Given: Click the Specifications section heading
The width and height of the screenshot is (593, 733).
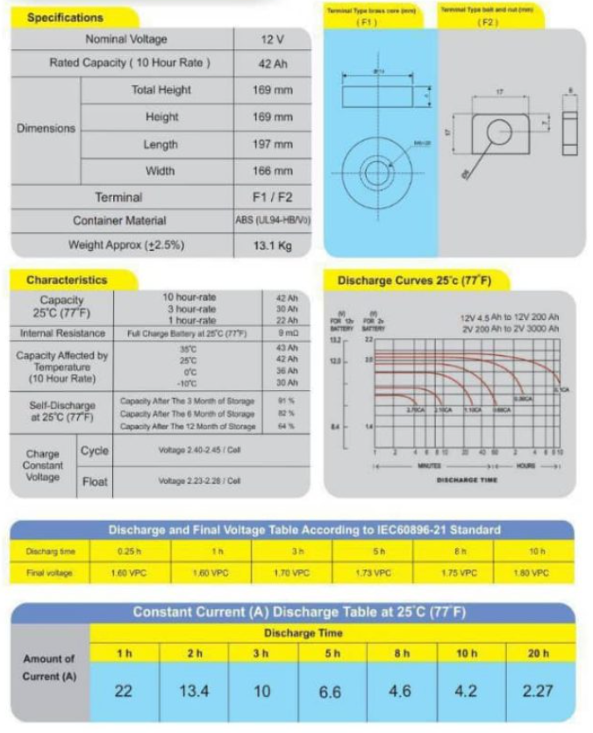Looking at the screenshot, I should click(65, 18).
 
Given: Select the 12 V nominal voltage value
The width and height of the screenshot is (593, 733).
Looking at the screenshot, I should click(272, 39).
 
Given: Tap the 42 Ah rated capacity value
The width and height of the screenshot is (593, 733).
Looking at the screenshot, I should click(272, 63).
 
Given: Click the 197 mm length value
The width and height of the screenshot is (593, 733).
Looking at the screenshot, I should click(272, 145).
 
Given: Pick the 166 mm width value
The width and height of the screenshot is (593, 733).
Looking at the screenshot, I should click(272, 170).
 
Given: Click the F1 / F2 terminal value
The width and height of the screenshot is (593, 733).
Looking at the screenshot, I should click(272, 196).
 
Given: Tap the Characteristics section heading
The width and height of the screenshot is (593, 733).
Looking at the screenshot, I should click(67, 280).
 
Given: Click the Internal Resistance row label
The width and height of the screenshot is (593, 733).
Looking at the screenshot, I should click(62, 333).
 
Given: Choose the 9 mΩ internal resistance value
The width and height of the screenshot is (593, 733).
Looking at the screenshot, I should click(287, 333).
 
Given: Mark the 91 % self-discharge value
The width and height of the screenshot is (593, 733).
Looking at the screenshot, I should click(285, 401).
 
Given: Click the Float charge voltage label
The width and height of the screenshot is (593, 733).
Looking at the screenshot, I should click(95, 481).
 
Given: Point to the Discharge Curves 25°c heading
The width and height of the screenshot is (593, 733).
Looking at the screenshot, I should click(412, 281).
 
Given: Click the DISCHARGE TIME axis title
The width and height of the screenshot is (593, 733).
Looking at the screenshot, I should click(467, 480).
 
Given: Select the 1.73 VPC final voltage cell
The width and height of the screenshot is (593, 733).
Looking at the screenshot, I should click(373, 573).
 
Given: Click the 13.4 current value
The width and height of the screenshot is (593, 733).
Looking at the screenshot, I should click(194, 690).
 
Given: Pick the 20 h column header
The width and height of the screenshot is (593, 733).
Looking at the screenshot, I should click(537, 654).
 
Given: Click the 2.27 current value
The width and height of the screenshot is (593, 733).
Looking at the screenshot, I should click(537, 690).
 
